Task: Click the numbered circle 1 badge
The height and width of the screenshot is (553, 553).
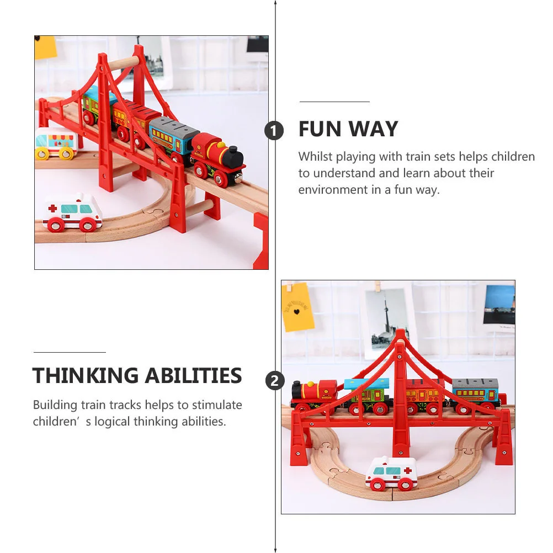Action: [274, 131]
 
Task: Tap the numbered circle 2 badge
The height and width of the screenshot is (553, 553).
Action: [275, 381]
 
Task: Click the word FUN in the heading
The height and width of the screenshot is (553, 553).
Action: [320, 129]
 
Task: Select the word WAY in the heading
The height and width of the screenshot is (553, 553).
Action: [374, 129]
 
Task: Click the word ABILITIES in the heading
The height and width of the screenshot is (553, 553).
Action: [194, 375]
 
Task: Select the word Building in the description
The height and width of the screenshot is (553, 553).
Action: [55, 405]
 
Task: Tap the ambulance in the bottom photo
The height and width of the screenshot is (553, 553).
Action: [391, 474]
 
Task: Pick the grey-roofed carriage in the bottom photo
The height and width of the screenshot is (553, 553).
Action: [475, 395]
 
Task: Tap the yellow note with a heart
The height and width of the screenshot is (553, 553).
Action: [297, 307]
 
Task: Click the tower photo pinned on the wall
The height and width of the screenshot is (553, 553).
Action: [387, 318]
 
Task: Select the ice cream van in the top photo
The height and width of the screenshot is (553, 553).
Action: [56, 143]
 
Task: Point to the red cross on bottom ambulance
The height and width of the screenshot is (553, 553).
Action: [407, 470]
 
